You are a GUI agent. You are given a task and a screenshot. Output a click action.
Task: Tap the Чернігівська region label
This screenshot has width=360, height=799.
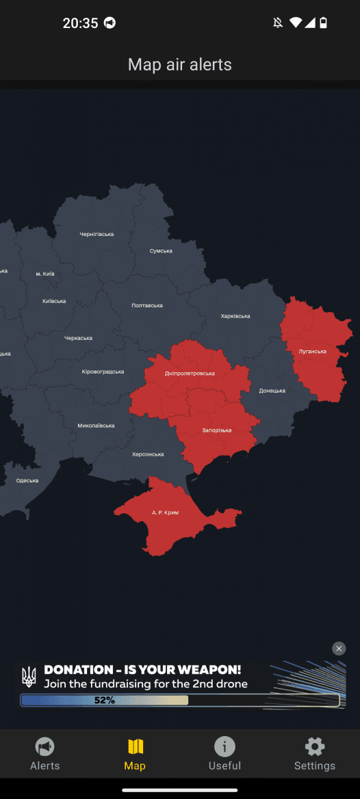tap(97, 235)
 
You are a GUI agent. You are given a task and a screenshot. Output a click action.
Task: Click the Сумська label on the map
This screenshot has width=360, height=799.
tap(161, 251)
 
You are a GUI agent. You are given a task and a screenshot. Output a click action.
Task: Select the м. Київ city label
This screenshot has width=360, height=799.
tap(45, 274)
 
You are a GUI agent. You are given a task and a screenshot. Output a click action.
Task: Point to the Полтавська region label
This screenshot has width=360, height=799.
tap(147, 305)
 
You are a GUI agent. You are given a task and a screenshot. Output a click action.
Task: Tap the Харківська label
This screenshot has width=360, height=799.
tap(235, 316)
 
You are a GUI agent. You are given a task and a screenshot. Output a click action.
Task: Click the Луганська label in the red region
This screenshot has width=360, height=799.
tap(313, 352)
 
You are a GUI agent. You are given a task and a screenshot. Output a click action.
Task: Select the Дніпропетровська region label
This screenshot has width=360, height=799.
tap(190, 374)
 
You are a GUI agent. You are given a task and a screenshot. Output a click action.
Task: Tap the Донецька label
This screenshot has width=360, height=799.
tap(272, 391)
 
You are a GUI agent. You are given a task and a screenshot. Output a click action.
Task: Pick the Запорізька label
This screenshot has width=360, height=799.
tap(217, 430)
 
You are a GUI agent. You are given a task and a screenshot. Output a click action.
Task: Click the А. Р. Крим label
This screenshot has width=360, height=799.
tap(165, 512)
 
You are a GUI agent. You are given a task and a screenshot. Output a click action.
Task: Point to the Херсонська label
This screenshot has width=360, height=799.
tap(148, 454)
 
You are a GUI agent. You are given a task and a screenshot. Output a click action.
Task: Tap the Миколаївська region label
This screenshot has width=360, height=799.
tap(96, 425)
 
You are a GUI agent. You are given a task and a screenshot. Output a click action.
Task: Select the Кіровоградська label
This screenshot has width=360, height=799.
tap(103, 371)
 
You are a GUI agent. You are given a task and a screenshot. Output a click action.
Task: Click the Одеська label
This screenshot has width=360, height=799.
tap(27, 480)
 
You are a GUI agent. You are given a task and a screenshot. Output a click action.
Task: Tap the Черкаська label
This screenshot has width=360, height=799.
tap(78, 338)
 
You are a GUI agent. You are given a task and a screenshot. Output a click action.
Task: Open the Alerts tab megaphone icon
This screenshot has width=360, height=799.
tap(45, 746)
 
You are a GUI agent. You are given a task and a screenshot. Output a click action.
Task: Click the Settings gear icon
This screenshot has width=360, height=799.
tap(315, 746)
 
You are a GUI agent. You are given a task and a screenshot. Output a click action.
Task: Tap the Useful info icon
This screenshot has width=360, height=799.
tap(224, 746)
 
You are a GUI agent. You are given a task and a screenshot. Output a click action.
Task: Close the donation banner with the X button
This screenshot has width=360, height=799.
tap(339, 649)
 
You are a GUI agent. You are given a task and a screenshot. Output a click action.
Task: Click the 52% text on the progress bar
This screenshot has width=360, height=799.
tap(105, 700)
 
